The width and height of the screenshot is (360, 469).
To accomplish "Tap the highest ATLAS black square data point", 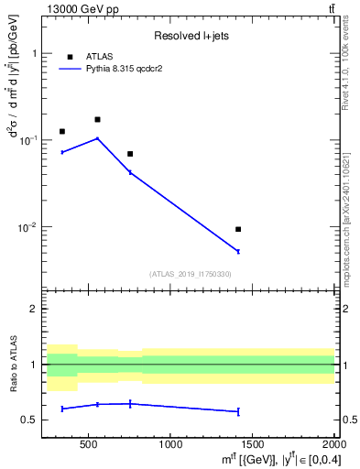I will [97, 119].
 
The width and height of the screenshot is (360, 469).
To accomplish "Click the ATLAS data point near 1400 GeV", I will [238, 229].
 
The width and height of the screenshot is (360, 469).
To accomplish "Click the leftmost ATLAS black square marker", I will [62, 131].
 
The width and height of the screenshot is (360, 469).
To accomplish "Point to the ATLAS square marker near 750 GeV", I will [130, 154].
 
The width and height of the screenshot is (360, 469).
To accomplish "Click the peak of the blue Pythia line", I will [97, 138].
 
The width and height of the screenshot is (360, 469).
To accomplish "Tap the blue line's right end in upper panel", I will [238, 251].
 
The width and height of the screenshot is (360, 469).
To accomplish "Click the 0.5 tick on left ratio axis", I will [30, 420].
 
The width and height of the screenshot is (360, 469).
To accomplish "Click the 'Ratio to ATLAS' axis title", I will [13, 365].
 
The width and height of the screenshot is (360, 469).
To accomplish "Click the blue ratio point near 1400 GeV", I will [238, 411].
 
